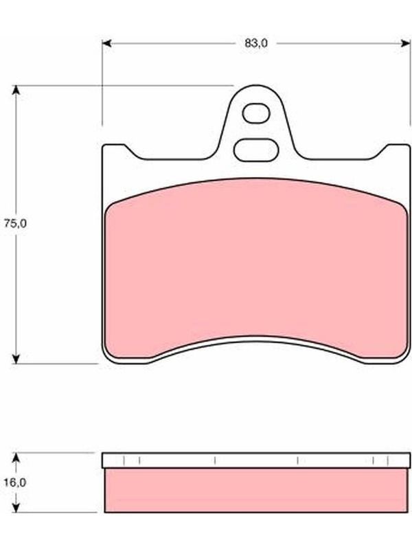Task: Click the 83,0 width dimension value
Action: tap(256, 43)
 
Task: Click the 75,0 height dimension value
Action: tap(15, 224)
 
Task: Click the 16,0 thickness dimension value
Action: tap(15, 482)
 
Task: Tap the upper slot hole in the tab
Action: tap(256, 113)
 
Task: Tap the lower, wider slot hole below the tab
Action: tap(256, 150)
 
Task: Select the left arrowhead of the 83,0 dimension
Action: tap(106, 43)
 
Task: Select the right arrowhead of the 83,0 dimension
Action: tap(406, 43)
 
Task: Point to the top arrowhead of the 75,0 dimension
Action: tap(15, 90)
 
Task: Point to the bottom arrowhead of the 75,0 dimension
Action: tap(15, 358)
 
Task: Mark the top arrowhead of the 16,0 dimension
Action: tap(15, 457)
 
